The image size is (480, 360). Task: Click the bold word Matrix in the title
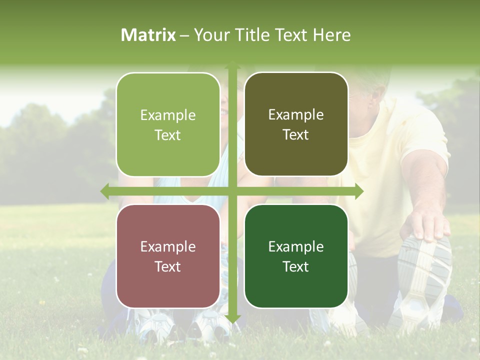(x=148, y=35)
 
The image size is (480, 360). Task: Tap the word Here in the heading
(x=331, y=35)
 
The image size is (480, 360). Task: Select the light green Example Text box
(x=168, y=124)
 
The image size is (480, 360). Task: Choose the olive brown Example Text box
(x=296, y=124)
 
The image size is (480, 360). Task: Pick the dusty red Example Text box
(x=168, y=256)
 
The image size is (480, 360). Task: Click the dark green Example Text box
(x=296, y=256)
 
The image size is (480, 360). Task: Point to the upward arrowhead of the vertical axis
(x=232, y=65)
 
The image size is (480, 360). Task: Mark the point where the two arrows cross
(x=232, y=191)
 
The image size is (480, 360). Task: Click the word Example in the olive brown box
(x=296, y=114)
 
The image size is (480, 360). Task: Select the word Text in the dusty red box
(x=168, y=266)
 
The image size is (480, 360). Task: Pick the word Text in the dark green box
(x=296, y=266)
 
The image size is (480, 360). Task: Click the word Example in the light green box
(x=168, y=115)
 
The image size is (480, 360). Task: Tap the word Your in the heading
(x=210, y=35)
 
